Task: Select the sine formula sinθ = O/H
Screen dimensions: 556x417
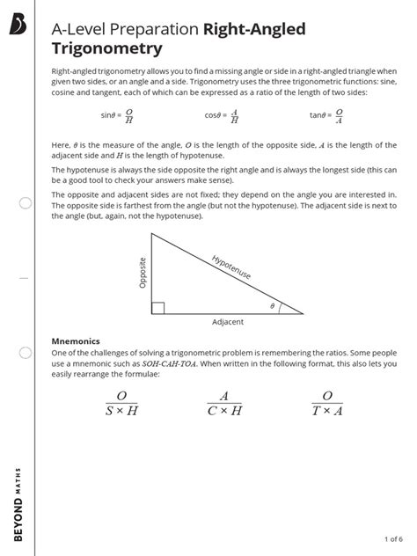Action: click(x=117, y=114)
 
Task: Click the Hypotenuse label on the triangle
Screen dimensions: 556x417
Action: click(x=231, y=267)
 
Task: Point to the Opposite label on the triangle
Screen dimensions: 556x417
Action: click(x=143, y=272)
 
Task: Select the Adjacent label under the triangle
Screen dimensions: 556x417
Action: click(x=227, y=322)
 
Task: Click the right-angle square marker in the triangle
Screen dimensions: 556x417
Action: click(x=157, y=307)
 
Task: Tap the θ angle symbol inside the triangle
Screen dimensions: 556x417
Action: click(x=272, y=306)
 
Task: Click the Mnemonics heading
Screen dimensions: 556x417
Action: click(x=76, y=340)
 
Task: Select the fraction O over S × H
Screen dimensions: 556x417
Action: click(x=121, y=403)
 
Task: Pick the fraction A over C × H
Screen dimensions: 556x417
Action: click(x=224, y=403)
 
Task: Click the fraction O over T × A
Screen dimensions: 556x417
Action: click(x=328, y=403)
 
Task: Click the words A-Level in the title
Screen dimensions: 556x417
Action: click(x=82, y=30)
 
